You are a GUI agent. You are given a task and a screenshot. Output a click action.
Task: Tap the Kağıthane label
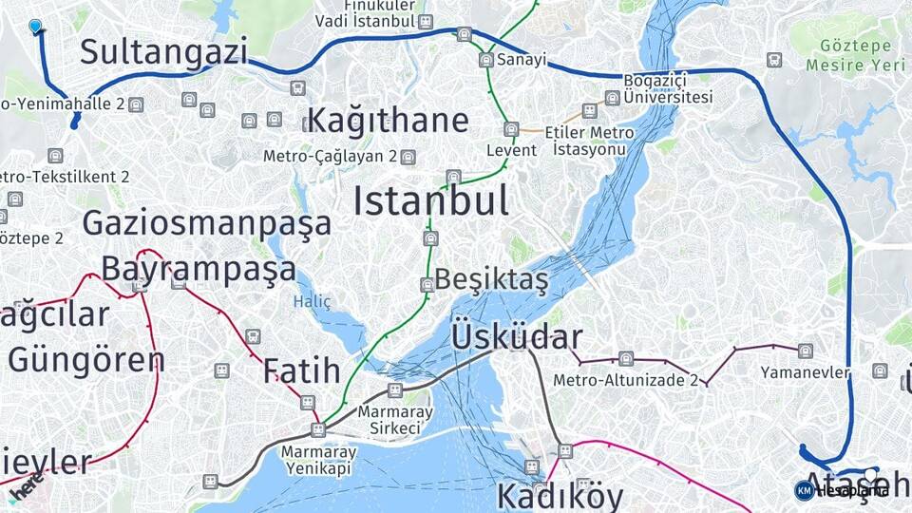(x=388, y=121)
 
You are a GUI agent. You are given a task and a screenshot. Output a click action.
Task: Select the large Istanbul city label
(x=430, y=201)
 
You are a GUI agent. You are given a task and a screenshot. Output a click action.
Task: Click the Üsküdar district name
(x=517, y=337)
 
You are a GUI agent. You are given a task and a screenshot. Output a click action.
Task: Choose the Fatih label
(x=301, y=370)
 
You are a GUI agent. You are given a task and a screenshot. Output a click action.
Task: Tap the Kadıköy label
(x=560, y=496)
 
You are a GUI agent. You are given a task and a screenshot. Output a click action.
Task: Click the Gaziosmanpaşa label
(x=207, y=223)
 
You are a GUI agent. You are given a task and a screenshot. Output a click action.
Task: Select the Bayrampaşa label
(x=199, y=269)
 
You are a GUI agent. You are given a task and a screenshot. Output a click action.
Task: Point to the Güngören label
(x=86, y=360)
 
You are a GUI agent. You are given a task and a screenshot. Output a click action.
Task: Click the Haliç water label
(x=313, y=301)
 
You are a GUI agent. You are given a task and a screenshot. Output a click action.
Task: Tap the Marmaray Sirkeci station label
(x=395, y=420)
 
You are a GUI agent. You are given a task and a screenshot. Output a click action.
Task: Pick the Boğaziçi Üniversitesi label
(x=668, y=88)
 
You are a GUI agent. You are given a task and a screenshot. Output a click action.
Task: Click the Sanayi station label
(x=522, y=59)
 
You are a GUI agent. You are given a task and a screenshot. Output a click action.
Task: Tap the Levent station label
(x=511, y=150)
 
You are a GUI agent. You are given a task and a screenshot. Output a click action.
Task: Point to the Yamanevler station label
(x=805, y=372)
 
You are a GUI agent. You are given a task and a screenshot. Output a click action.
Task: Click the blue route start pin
(x=36, y=27)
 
